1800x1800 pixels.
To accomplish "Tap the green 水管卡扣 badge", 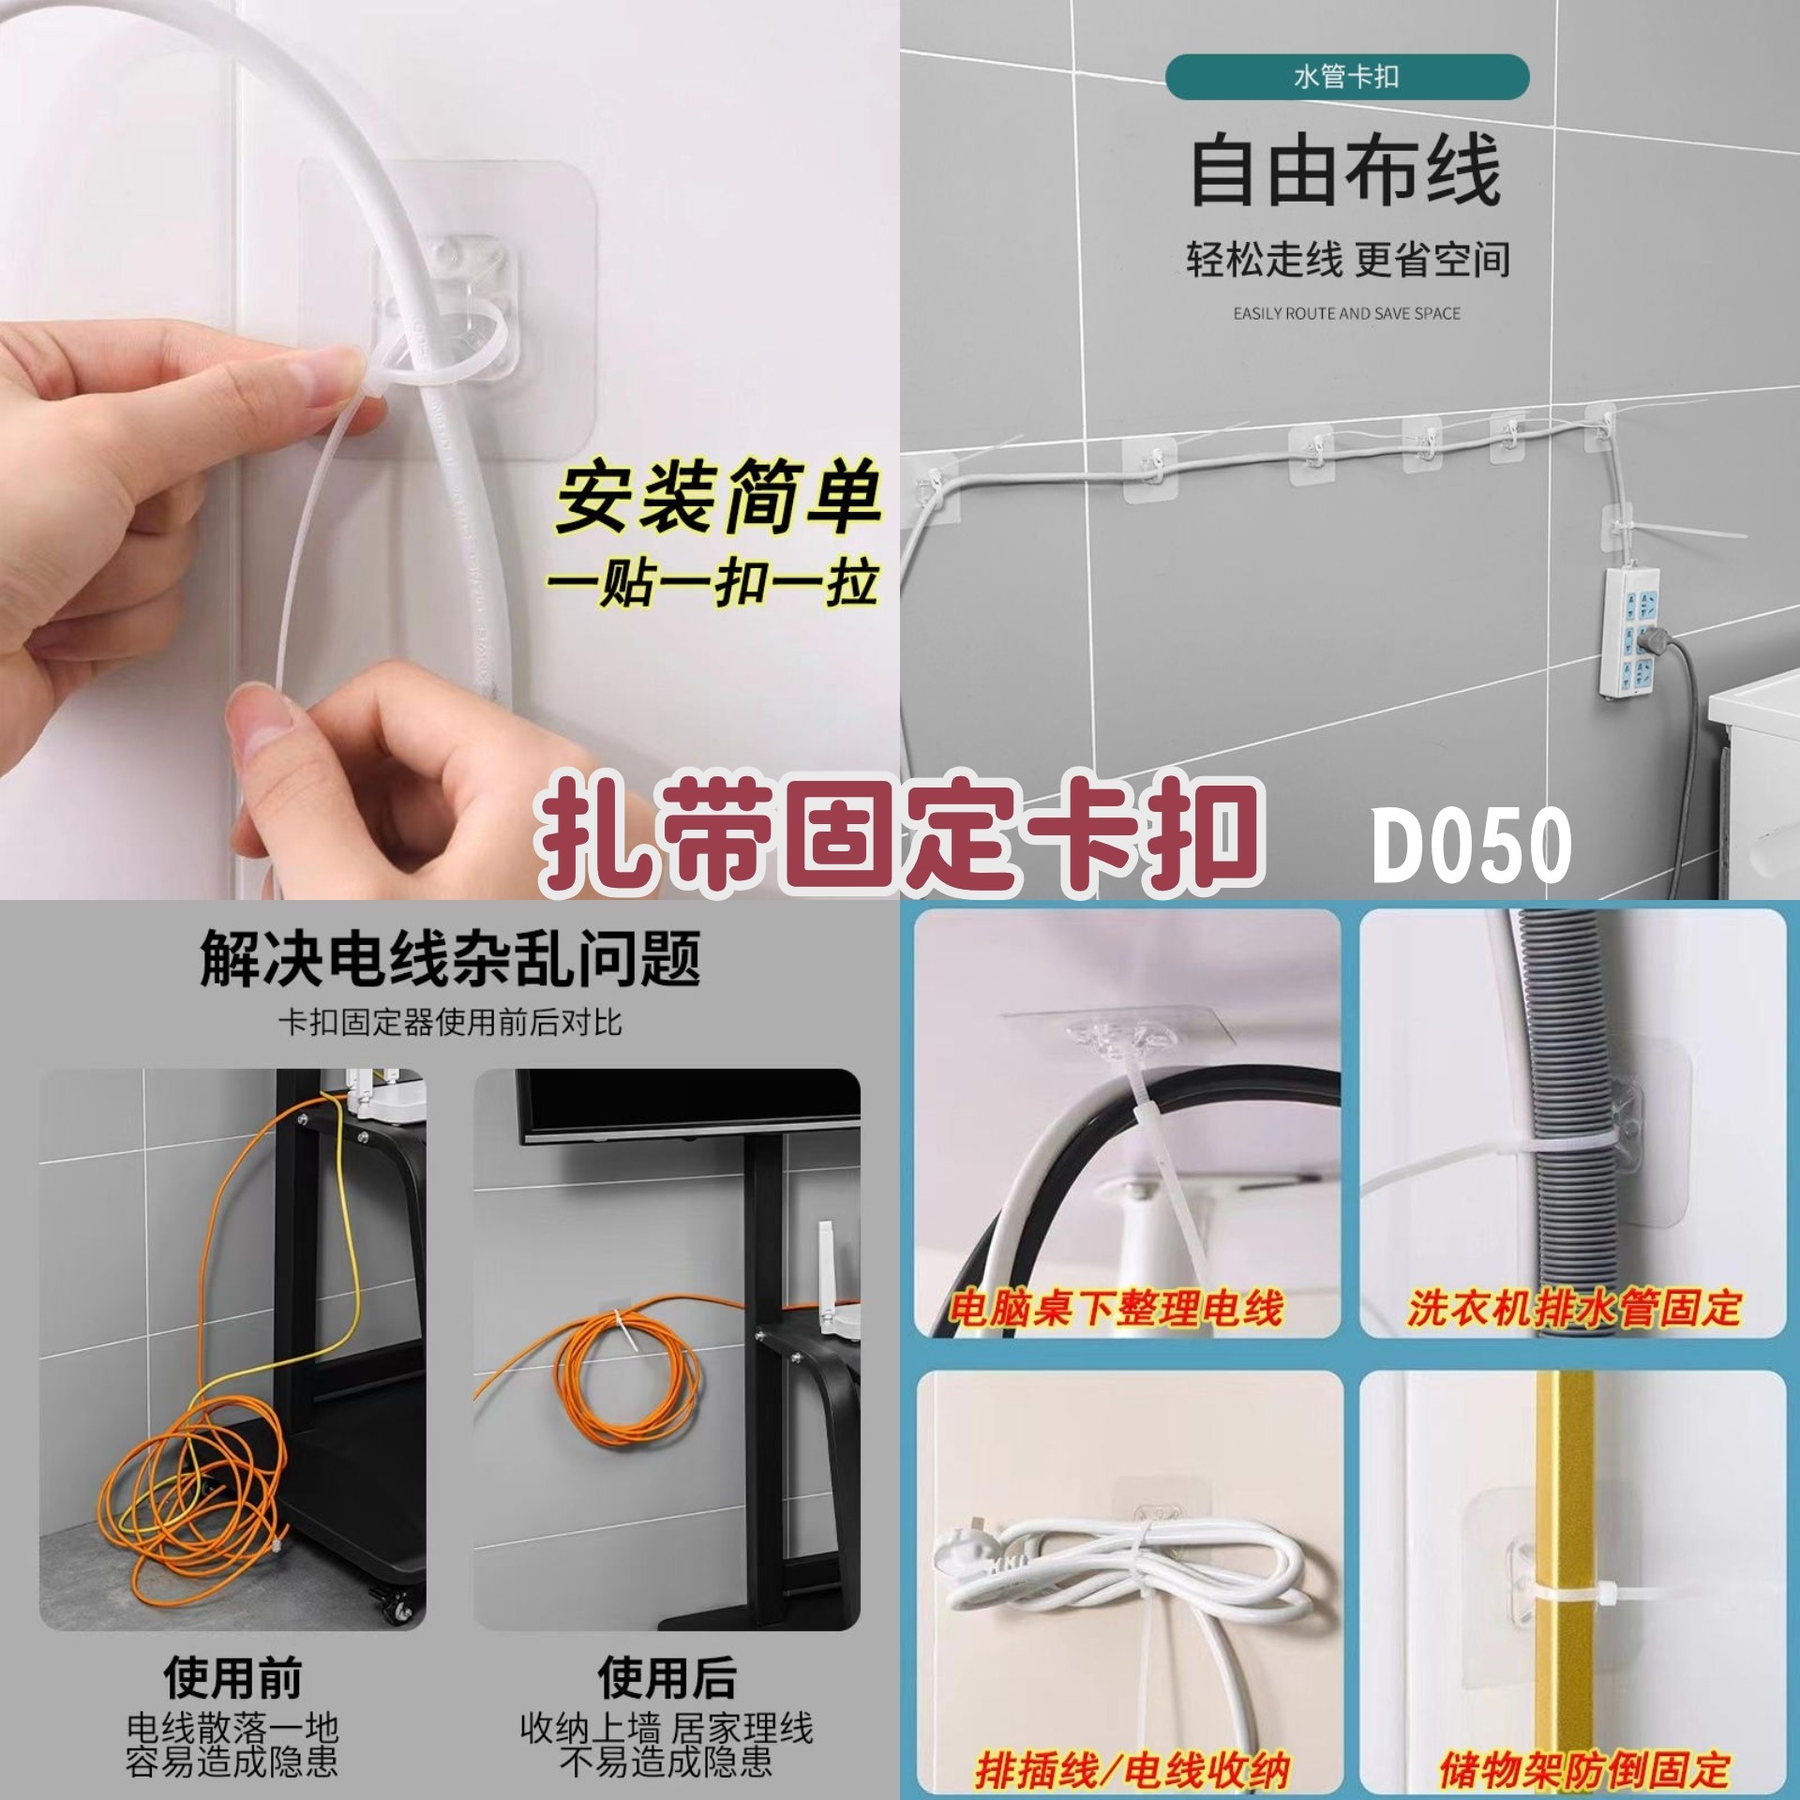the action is coord(1347,77).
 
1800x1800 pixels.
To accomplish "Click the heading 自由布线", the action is coord(1346,172).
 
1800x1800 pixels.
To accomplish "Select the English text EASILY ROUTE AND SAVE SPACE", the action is coord(1347,313).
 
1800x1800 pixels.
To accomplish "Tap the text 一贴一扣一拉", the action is coord(712,583).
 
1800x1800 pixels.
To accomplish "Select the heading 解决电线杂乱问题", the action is coord(450,959).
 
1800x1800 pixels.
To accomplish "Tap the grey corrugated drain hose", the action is coord(1556,1125).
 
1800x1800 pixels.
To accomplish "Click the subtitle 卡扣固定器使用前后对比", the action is coord(450,1022).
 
